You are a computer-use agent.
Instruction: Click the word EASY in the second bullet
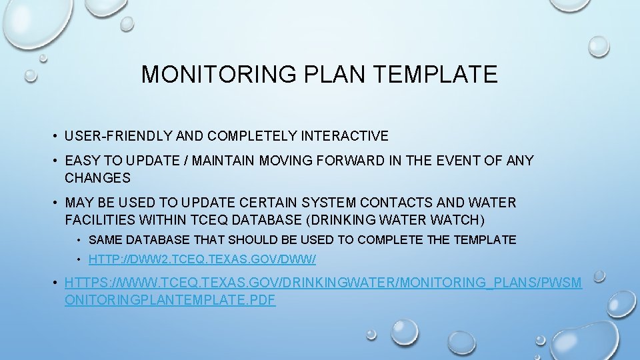(81, 161)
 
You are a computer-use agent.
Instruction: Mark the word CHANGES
(97, 178)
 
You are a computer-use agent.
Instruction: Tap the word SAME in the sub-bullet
(103, 240)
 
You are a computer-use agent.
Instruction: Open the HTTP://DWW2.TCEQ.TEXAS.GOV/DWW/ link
(202, 259)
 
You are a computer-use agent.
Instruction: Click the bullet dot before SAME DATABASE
(79, 240)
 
